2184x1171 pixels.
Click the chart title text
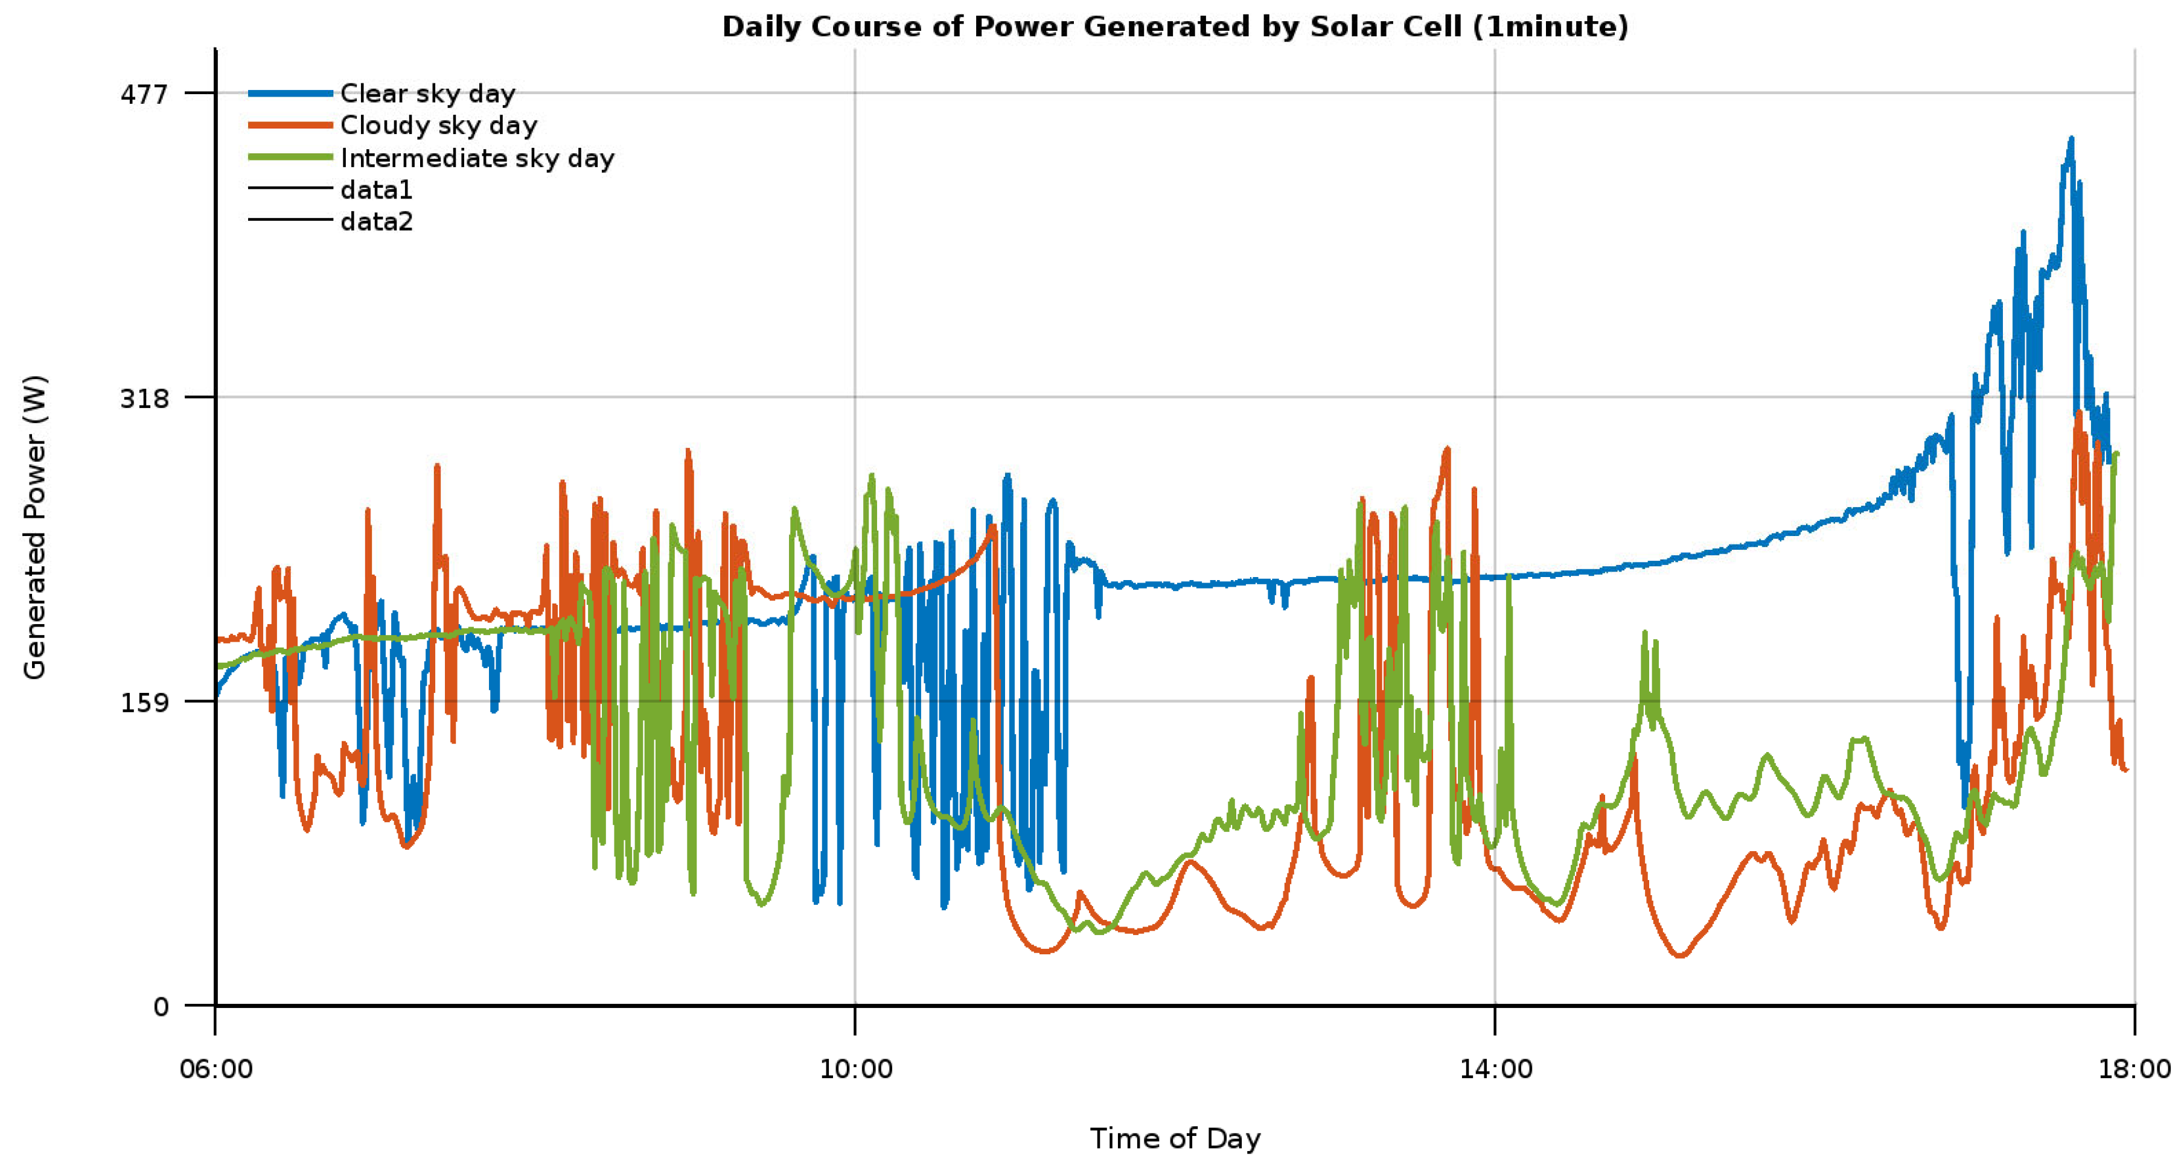(1174, 27)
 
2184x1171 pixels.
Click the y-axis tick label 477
(144, 94)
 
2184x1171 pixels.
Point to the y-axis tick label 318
(144, 398)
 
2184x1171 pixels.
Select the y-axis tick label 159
(144, 702)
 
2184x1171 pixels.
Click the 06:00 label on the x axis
(216, 1069)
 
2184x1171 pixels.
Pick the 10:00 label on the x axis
(855, 1069)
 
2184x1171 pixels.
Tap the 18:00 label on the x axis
(2134, 1069)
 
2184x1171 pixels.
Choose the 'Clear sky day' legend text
(427, 94)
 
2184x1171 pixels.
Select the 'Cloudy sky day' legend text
(438, 126)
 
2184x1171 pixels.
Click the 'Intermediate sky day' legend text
(476, 159)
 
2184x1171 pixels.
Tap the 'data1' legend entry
(375, 190)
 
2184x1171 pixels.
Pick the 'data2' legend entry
(375, 222)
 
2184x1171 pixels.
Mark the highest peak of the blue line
(2071, 139)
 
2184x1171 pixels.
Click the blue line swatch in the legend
(290, 94)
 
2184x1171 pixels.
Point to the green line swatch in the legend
(290, 158)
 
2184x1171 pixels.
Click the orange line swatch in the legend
(290, 126)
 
